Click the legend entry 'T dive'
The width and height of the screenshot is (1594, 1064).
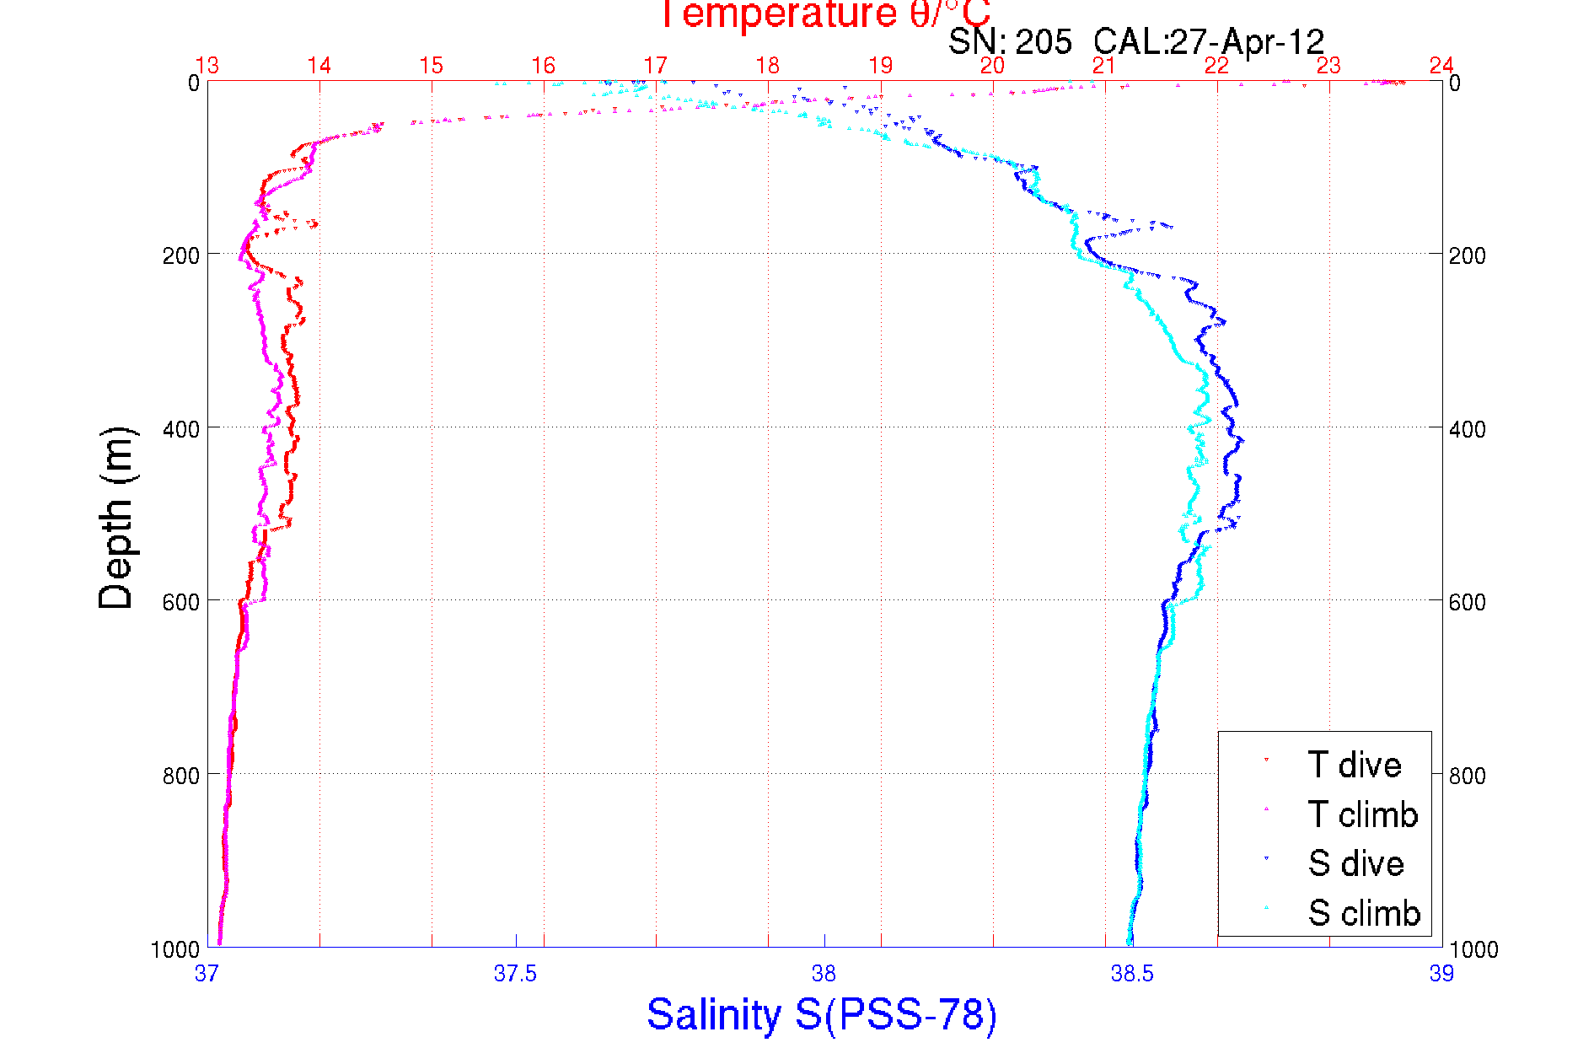1354,765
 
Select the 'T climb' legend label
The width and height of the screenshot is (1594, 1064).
1362,814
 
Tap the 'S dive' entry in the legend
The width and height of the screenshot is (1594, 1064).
1355,863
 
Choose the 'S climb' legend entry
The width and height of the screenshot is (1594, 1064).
1364,913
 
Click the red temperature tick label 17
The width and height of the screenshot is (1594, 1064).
655,66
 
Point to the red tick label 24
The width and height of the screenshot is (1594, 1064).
1441,66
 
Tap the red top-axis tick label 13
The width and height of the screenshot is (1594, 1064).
207,66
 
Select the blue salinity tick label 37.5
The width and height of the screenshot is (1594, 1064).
515,974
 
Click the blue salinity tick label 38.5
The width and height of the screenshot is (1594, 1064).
1132,974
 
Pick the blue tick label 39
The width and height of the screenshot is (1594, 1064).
1441,974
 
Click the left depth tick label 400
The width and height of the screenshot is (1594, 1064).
180,429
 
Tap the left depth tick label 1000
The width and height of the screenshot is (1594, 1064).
175,949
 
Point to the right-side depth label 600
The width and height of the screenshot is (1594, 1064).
1467,602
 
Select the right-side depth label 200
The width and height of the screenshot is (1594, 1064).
1467,255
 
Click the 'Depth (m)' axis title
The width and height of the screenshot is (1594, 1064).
116,518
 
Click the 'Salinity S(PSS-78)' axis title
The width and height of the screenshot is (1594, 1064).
822,1014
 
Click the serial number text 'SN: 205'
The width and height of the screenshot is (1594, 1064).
1010,41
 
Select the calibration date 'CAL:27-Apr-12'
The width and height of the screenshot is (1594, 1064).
1209,41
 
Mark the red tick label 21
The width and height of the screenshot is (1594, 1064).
1104,66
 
